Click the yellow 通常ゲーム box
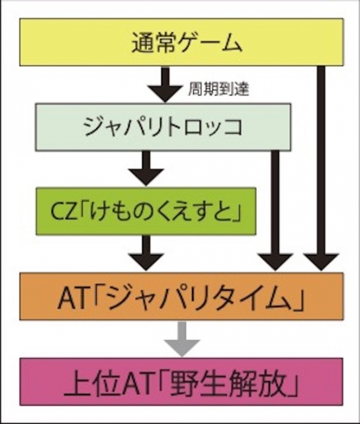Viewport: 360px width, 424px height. click(181, 42)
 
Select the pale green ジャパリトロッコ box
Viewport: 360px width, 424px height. click(163, 127)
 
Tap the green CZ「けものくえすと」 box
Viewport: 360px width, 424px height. click(146, 211)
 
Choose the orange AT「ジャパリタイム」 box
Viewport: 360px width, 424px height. click(181, 296)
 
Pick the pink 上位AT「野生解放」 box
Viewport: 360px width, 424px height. click(181, 382)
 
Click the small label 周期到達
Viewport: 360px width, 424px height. click(218, 88)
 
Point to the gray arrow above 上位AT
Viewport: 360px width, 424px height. click(182, 339)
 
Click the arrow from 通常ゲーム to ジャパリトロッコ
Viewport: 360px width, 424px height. click(165, 85)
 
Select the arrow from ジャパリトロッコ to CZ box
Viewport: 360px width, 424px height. click(146, 169)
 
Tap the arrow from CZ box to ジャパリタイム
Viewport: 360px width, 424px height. click(146, 253)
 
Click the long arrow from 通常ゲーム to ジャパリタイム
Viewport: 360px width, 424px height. click(321, 168)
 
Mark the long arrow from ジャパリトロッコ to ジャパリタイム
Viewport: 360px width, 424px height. click(275, 211)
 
